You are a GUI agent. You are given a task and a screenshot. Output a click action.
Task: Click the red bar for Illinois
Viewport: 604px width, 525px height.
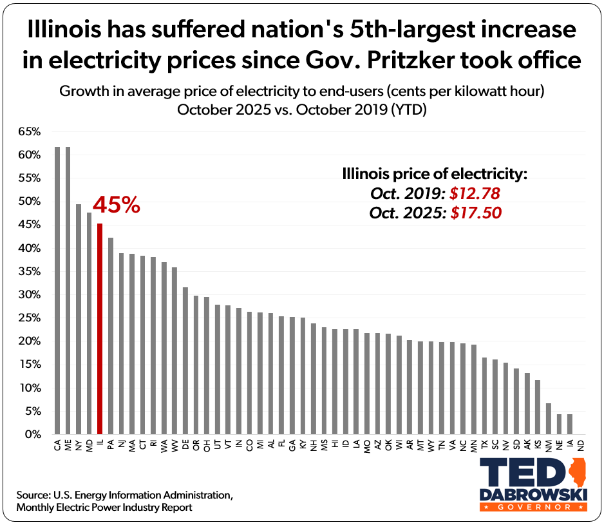pyautogui.click(x=100, y=329)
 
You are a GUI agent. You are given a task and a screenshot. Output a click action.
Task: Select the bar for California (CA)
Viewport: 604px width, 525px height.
pyautogui.click(x=57, y=290)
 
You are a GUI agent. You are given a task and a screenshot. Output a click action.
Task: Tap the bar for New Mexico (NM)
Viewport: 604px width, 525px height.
pyautogui.click(x=549, y=419)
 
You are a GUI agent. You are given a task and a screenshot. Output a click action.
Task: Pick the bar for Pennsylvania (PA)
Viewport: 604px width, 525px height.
pyautogui.click(x=111, y=336)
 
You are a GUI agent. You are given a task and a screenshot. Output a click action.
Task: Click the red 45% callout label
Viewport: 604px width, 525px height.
pyautogui.click(x=116, y=205)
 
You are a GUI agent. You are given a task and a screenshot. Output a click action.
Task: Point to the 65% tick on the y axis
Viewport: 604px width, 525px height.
pyautogui.click(x=30, y=132)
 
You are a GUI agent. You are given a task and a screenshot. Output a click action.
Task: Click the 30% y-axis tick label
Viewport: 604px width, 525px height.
pyautogui.click(x=30, y=295)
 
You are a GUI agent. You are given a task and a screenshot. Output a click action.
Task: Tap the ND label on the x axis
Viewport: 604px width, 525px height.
pyautogui.click(x=581, y=444)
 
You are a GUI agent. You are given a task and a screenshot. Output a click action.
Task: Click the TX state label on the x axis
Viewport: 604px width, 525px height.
pyautogui.click(x=484, y=444)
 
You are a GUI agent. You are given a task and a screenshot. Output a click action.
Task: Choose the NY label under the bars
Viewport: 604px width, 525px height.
pyautogui.click(x=79, y=444)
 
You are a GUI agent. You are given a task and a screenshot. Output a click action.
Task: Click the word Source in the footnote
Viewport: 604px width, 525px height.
pyautogui.click(x=33, y=495)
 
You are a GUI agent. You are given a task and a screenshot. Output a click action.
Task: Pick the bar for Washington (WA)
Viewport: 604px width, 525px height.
pyautogui.click(x=164, y=348)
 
